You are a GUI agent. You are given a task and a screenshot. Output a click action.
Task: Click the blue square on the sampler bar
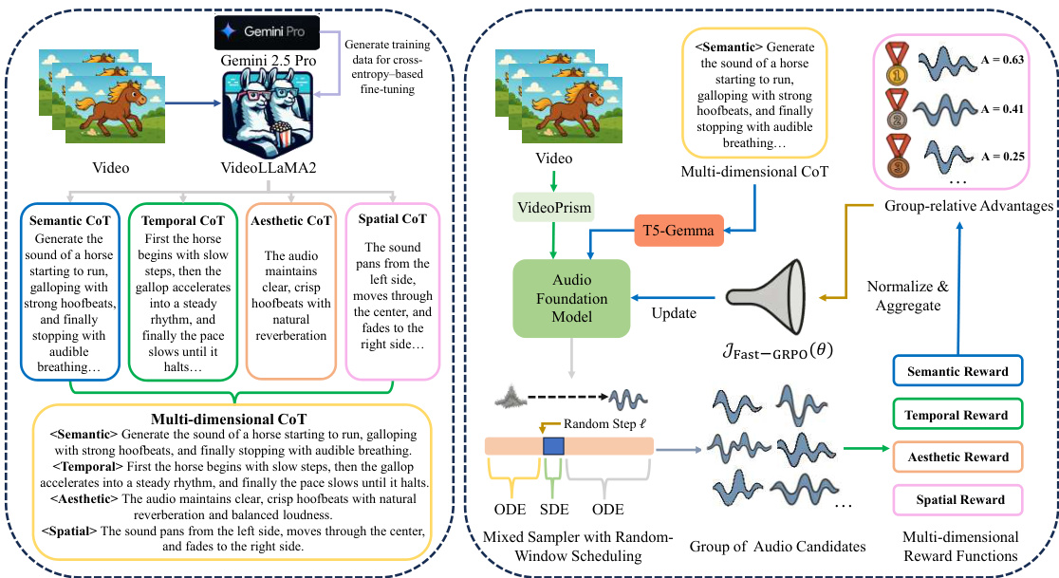tap(553, 445)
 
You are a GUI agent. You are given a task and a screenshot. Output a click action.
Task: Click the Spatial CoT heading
tap(393, 220)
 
